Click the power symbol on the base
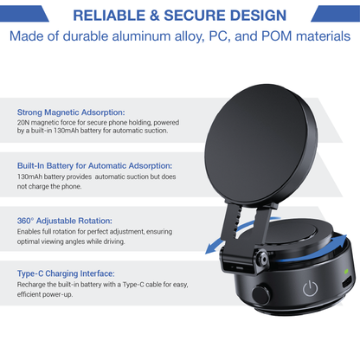[310, 288]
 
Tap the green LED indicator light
[346, 271]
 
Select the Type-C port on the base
[347, 281]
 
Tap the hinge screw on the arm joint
[262, 258]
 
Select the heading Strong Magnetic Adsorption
[71, 112]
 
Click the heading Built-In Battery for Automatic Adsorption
[94, 166]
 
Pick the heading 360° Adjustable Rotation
[65, 221]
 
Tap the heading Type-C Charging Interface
[66, 273]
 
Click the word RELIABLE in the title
[109, 16]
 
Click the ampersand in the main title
[155, 16]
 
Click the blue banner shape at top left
[24, 14]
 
